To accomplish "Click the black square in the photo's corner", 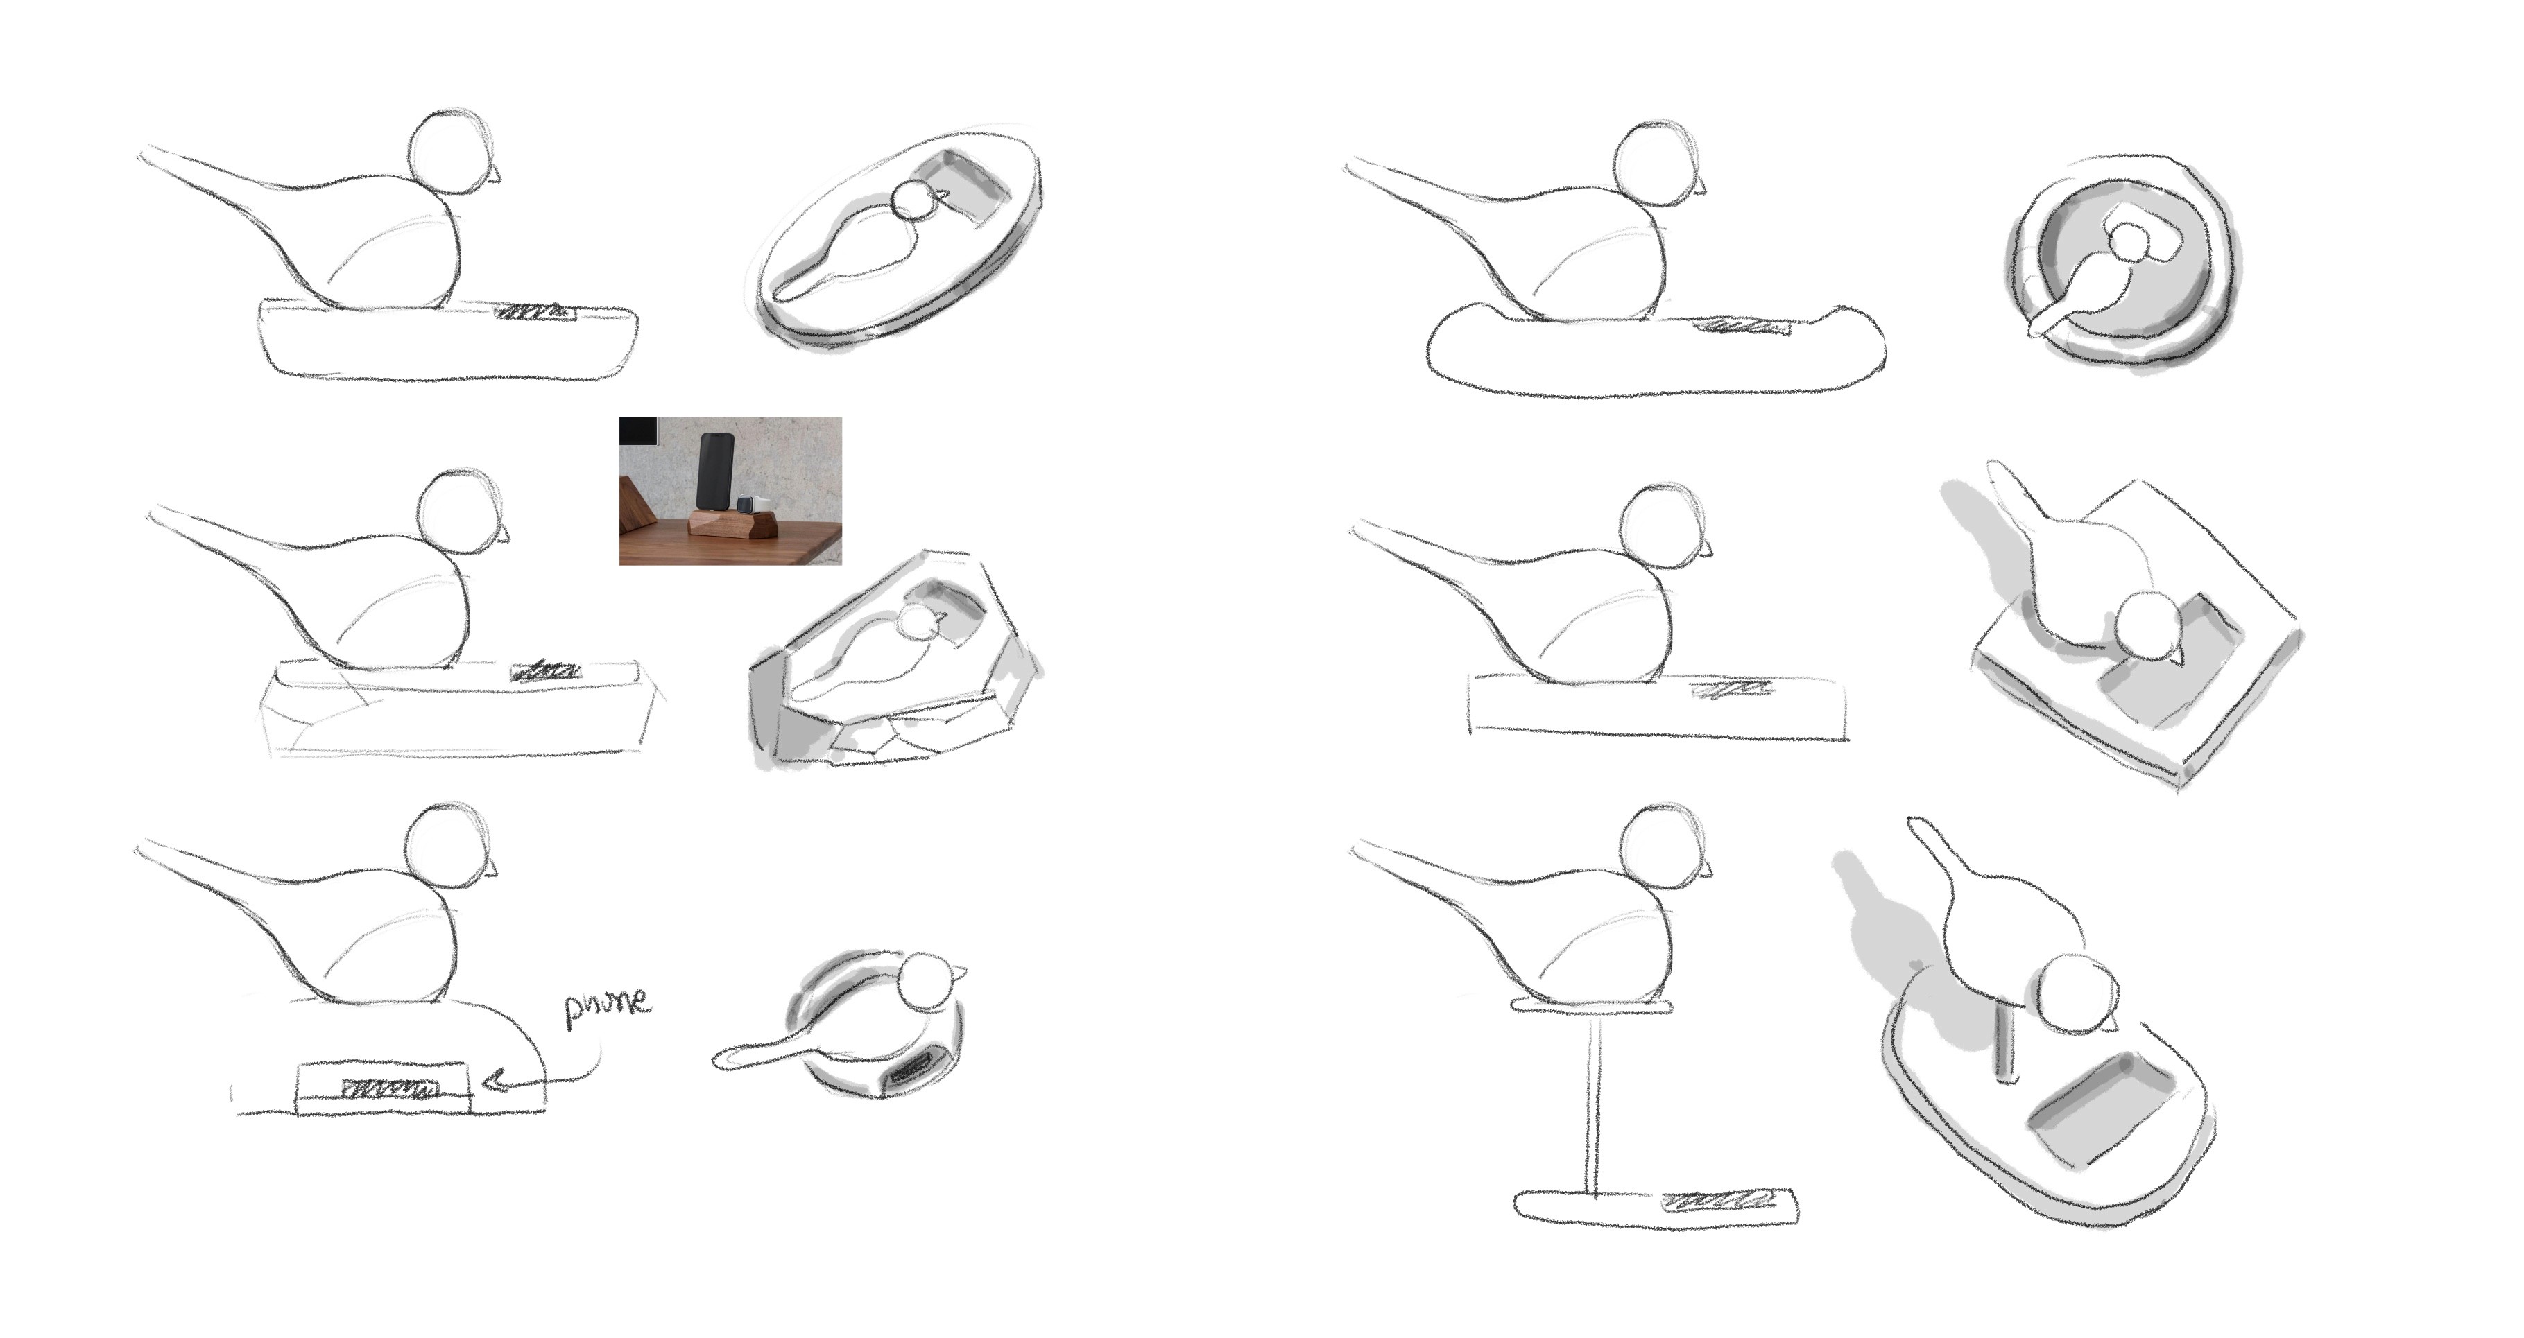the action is (638, 429).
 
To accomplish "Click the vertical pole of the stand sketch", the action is (1593, 1101).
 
